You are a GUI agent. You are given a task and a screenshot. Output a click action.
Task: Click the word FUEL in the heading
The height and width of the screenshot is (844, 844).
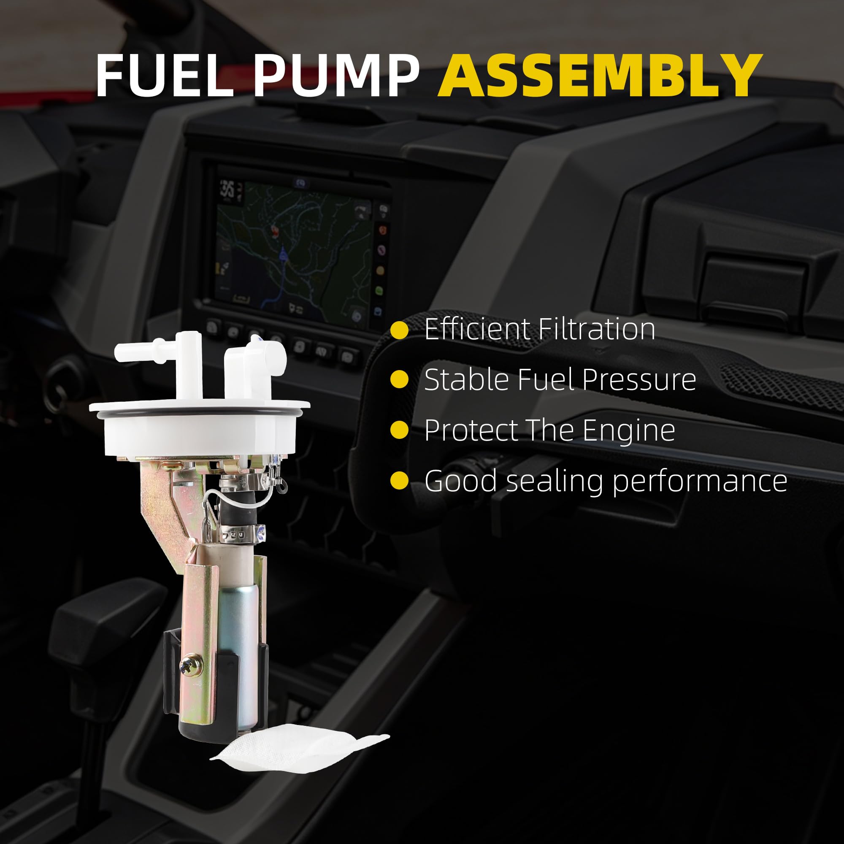(164, 75)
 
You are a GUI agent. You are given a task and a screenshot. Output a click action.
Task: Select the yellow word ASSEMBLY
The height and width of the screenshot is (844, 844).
(600, 75)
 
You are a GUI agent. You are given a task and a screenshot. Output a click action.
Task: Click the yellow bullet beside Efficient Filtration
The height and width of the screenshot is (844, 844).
(399, 330)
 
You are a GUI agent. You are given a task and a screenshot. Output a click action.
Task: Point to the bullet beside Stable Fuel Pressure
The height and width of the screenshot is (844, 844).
(399, 379)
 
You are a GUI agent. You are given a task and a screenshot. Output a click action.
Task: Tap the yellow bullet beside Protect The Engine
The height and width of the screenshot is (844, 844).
(399, 430)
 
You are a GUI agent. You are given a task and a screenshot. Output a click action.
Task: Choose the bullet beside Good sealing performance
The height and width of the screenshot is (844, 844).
(399, 481)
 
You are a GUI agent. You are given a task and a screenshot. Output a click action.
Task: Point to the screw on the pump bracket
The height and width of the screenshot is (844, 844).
(191, 665)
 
